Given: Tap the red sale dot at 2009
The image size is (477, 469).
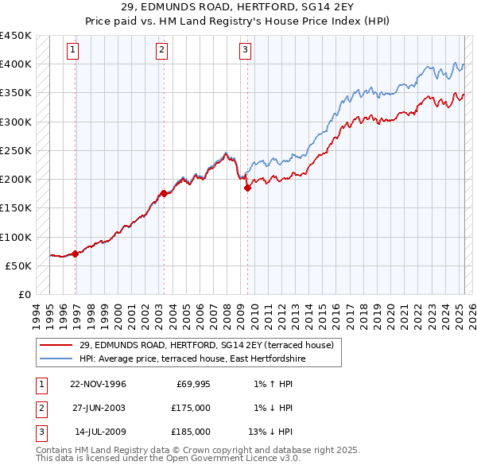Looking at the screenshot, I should pos(247,188).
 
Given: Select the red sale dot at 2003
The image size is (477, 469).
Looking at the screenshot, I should pos(164,193).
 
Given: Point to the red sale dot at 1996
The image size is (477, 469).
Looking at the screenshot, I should pos(76,254).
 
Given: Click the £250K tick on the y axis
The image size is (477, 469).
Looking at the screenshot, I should pos(16,150).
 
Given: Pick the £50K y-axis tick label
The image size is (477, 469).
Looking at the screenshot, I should pos(19,266).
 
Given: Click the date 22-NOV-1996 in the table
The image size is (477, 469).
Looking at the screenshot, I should pos(98,385).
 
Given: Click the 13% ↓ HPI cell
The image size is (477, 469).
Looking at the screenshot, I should pos(271,432).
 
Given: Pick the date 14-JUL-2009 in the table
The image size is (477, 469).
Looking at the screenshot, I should pos(99,432).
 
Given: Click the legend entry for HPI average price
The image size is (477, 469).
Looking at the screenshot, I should pos(192,359).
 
